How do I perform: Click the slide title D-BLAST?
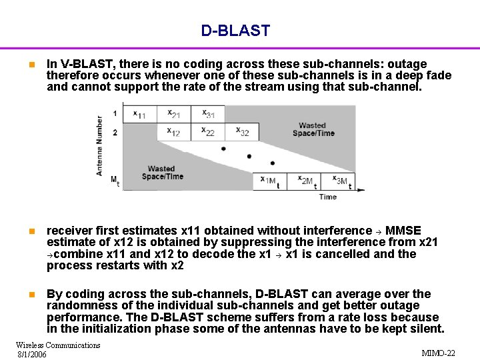pos(235,31)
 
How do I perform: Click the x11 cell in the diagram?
pos(139,115)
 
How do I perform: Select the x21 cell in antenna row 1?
pos(173,115)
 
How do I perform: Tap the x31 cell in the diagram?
pos(207,115)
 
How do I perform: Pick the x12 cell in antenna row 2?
pos(173,132)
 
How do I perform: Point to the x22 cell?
pos(207,132)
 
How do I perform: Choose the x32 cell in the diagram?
pos(241,132)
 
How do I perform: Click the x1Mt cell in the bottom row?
pos(270,181)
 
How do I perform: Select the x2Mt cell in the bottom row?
pos(305,181)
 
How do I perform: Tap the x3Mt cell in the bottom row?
pos(339,181)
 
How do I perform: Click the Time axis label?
pos(327,197)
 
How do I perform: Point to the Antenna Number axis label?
pos(100,146)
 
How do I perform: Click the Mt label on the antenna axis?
pos(115,181)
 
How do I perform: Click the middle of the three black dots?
pos(249,156)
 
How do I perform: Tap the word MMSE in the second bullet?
pos(403,231)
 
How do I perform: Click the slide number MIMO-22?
pos(439,353)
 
